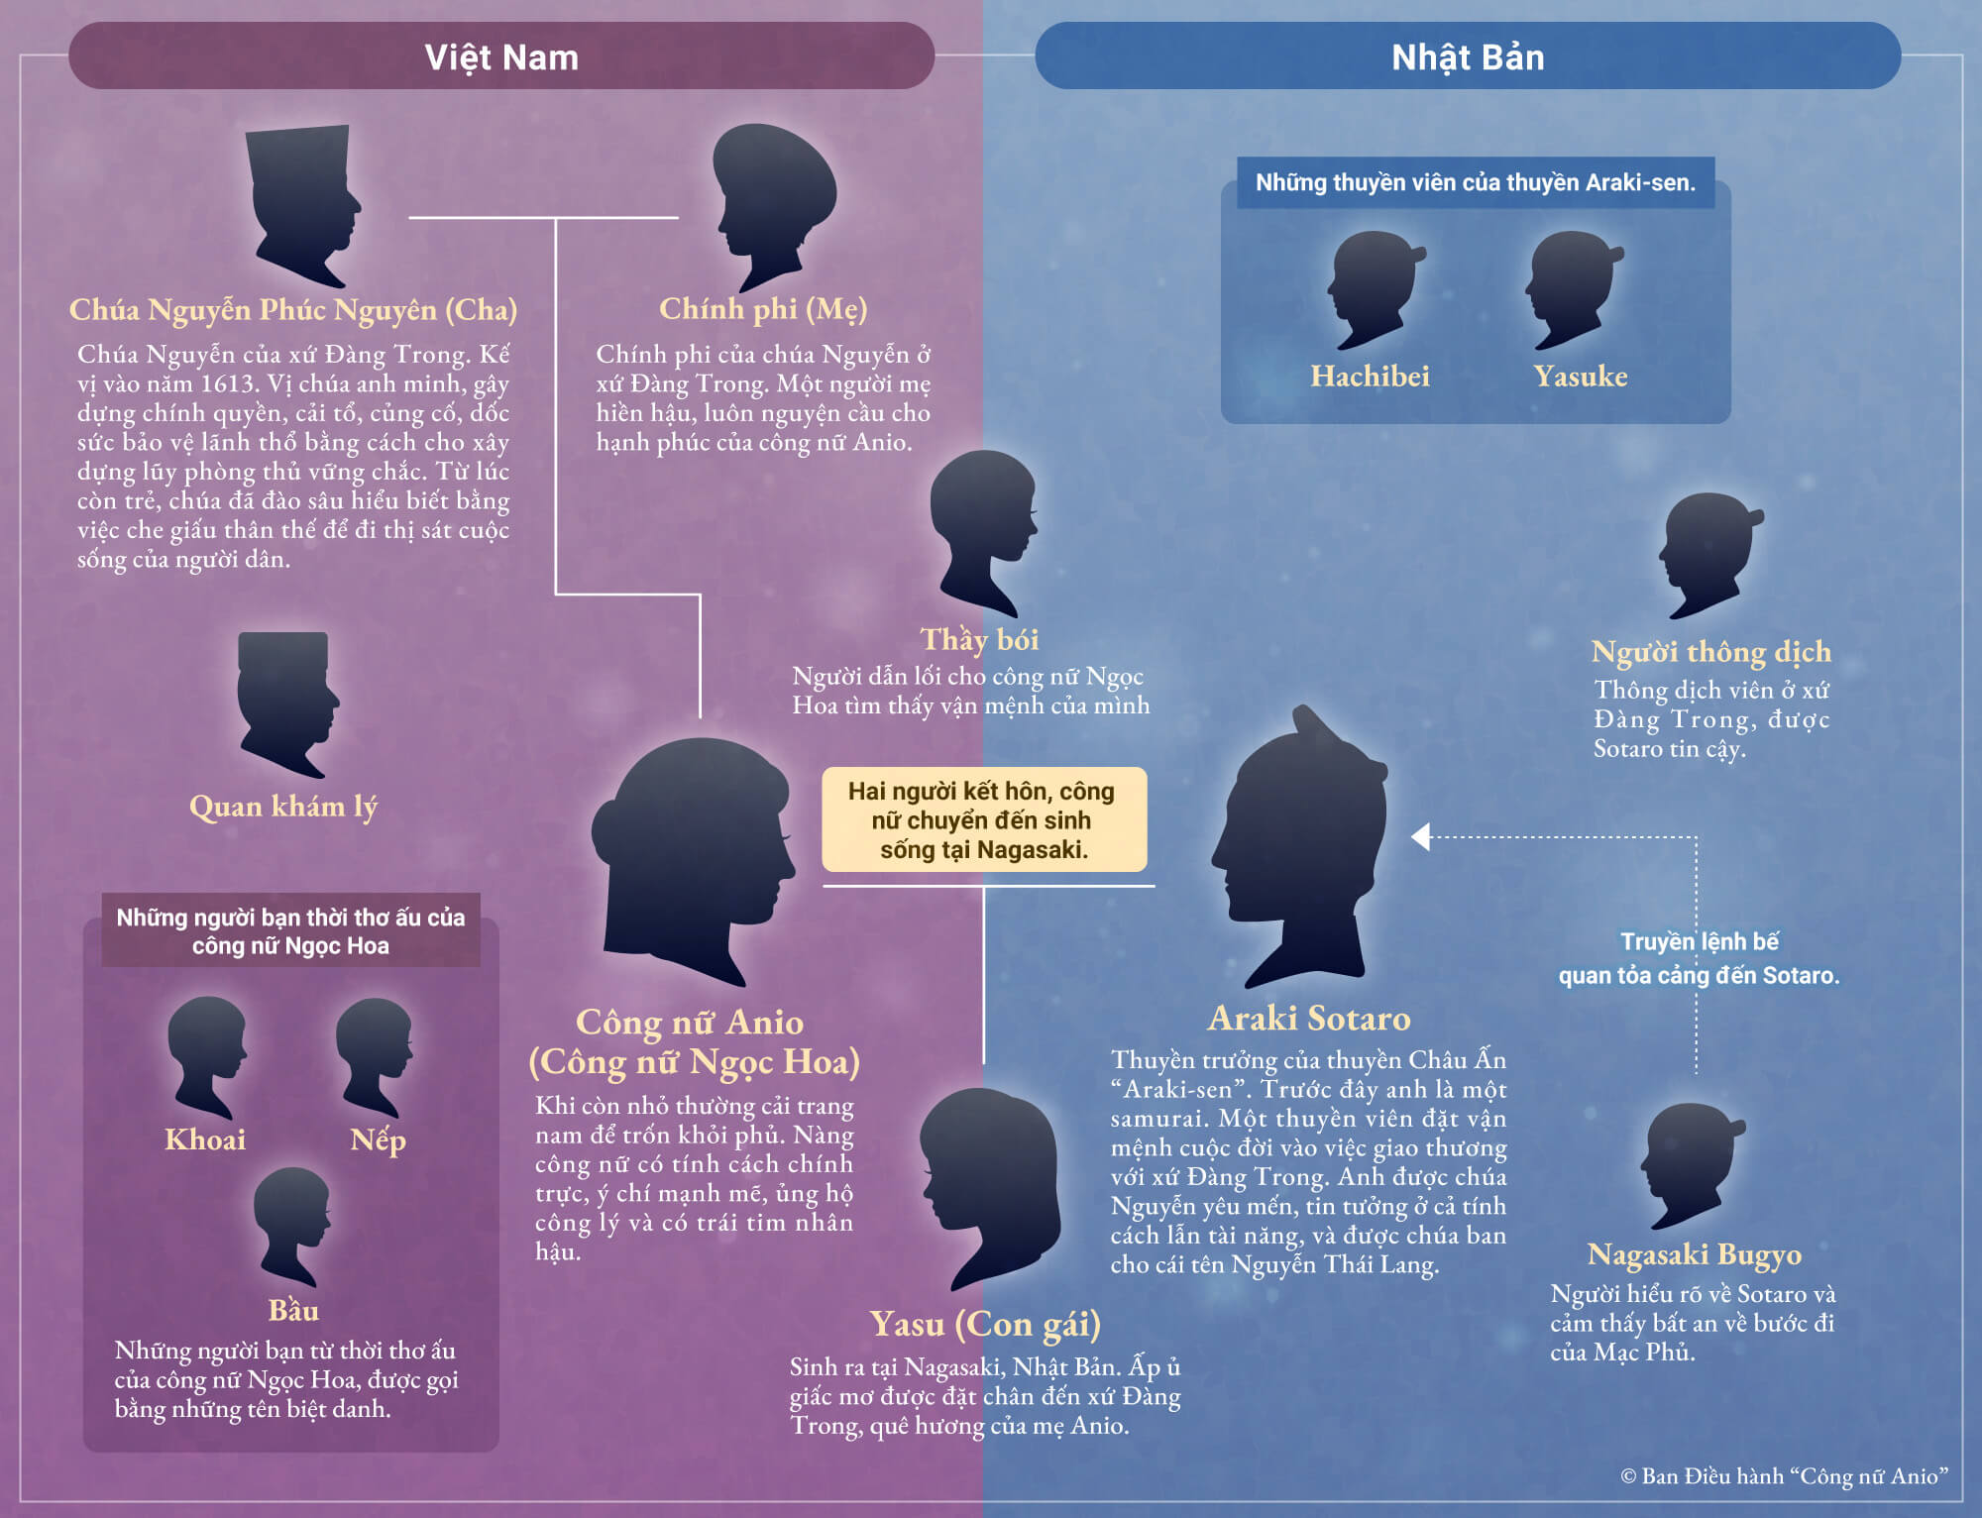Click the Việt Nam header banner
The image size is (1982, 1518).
click(x=500, y=56)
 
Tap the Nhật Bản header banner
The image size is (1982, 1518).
click(x=1467, y=56)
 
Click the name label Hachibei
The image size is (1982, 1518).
click(x=1370, y=377)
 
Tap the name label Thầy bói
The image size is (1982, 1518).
click(x=979, y=640)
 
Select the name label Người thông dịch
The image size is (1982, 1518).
click(x=1710, y=652)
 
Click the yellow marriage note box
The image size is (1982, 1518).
click(x=983, y=819)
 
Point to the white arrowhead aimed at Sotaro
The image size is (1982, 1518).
click(x=1421, y=837)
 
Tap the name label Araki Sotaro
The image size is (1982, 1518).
click(x=1308, y=1019)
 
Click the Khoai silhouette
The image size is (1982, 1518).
click(x=206, y=1055)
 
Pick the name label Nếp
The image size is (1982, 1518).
click(x=378, y=1139)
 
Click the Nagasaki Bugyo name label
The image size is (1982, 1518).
click(x=1694, y=1254)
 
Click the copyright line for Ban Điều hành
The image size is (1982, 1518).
click(x=1784, y=1476)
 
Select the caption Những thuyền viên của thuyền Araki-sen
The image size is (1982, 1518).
click(x=1475, y=182)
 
